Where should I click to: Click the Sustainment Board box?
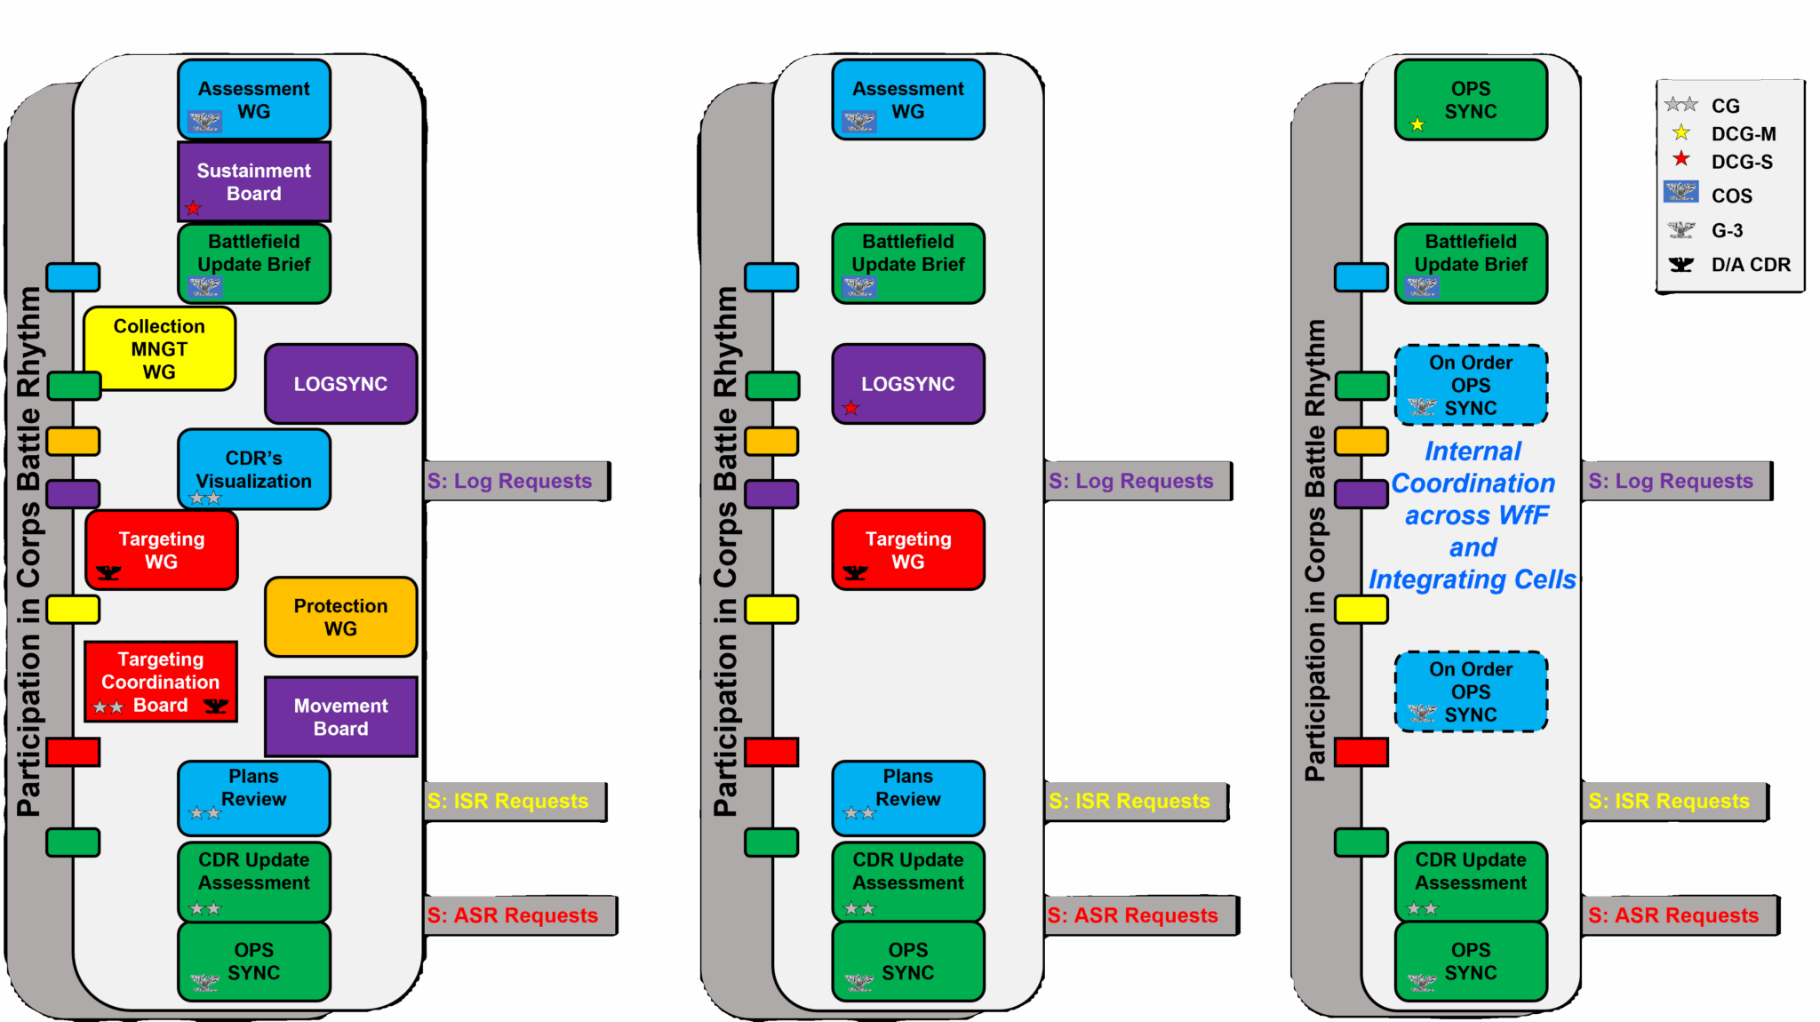point(254,181)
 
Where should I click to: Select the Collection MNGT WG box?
point(159,348)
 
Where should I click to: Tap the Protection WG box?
point(340,617)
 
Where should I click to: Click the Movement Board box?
point(340,716)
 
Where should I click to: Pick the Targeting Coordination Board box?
point(161,682)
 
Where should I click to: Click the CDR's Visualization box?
point(254,469)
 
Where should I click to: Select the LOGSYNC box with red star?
point(907,384)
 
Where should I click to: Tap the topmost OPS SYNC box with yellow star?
point(1471,100)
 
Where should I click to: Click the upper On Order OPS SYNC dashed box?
point(1471,385)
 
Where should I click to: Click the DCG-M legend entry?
point(1743,134)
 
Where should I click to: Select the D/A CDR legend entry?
point(1750,265)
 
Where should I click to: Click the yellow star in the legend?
point(1680,133)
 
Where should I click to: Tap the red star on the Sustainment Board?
point(193,208)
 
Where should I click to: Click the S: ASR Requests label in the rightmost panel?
point(1673,915)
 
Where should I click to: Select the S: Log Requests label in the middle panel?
point(1130,481)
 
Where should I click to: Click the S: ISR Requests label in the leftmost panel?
point(507,801)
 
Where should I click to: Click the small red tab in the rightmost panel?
point(1361,752)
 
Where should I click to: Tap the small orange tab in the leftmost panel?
point(73,442)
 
